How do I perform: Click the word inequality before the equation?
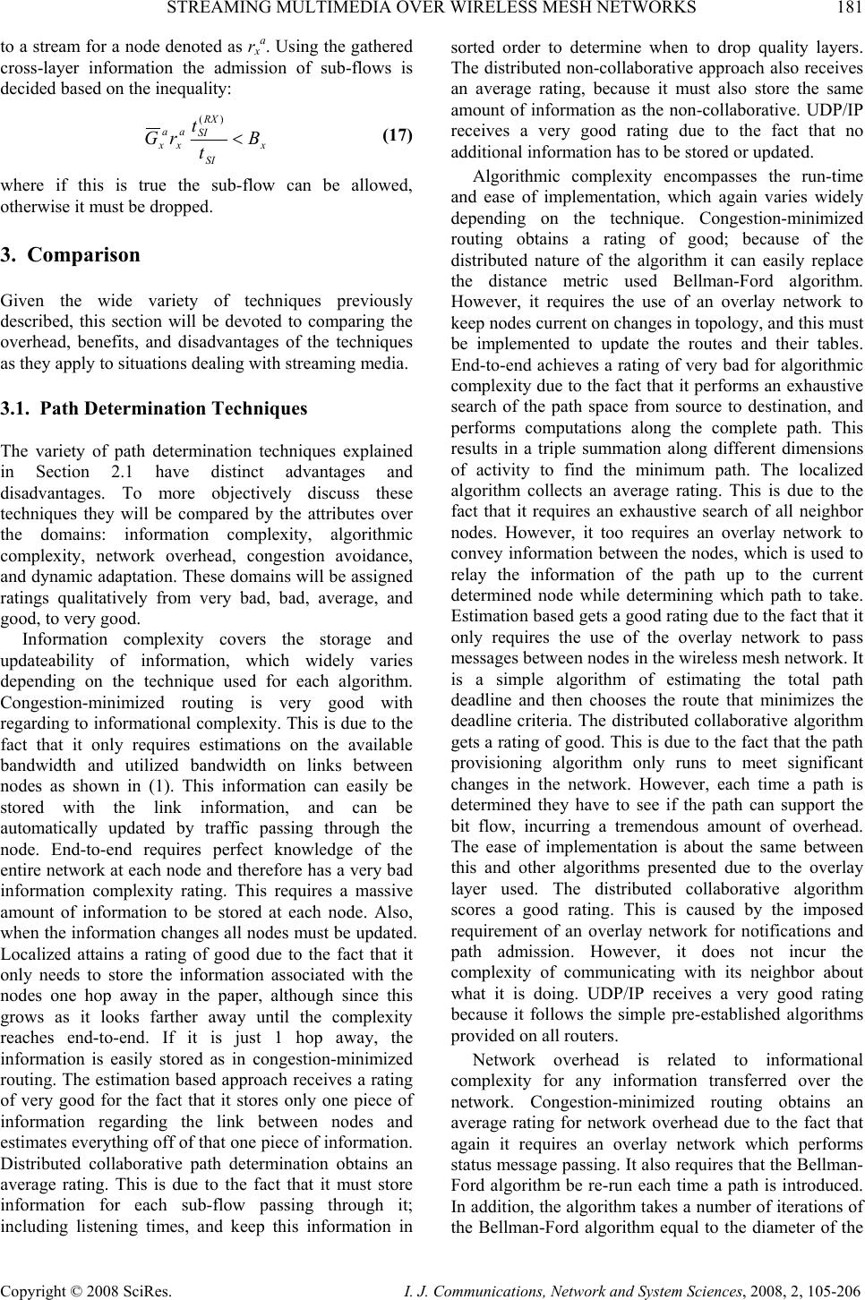pyautogui.click(x=197, y=88)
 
